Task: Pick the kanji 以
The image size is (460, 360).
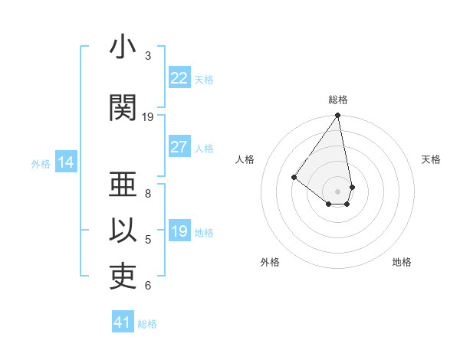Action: (123, 231)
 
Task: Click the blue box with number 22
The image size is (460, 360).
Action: (179, 78)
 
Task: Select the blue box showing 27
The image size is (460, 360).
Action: (179, 147)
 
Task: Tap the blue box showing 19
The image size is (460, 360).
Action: (179, 231)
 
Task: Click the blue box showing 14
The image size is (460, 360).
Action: (66, 162)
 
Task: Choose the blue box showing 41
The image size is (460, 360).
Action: (123, 322)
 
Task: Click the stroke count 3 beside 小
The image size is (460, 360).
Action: (148, 56)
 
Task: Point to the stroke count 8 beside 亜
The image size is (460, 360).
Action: (148, 193)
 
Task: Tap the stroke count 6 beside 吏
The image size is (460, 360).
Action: (148, 286)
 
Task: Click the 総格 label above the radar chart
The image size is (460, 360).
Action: (338, 100)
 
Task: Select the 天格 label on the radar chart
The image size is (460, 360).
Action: (431, 159)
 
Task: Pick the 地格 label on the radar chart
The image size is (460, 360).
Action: (402, 262)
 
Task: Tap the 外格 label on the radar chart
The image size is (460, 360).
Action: (270, 262)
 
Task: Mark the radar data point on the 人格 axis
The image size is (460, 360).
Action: (294, 177)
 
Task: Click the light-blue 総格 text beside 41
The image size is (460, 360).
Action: (147, 324)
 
